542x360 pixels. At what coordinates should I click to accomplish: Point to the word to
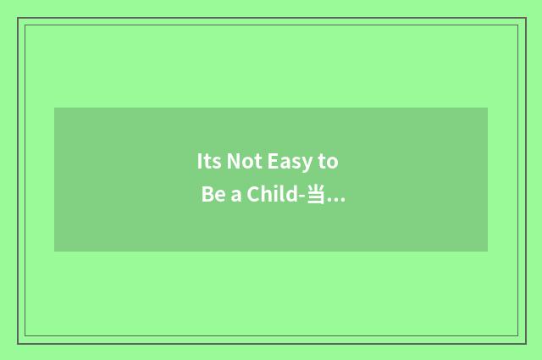coord(329,162)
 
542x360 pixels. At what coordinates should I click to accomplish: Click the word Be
coord(211,197)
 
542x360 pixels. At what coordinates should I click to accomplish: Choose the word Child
coord(271,197)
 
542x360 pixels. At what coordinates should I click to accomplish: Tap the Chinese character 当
coord(316,197)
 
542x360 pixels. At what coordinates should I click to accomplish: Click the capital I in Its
coord(199,161)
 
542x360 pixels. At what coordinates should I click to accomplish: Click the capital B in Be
coord(207,197)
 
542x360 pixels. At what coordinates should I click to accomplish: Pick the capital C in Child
coord(252,197)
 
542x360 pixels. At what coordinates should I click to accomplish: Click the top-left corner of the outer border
coord(18,18)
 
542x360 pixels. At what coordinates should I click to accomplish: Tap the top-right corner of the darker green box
coord(487,108)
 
